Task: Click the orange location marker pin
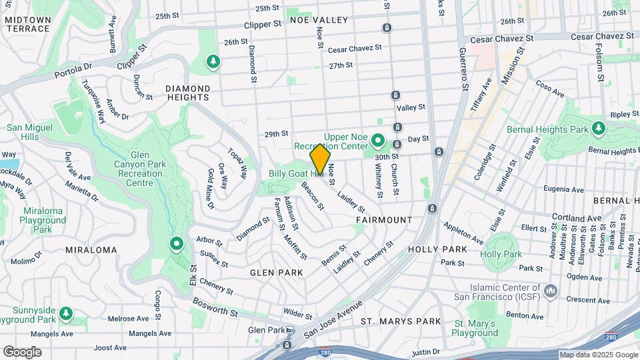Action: [x=320, y=159]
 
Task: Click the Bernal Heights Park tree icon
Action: [x=599, y=127]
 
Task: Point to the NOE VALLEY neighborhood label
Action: [x=319, y=20]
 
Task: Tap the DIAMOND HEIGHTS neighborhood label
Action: [x=187, y=93]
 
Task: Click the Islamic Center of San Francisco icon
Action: [x=551, y=291]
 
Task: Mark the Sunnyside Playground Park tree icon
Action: [x=65, y=313]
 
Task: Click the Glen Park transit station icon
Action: [x=290, y=331]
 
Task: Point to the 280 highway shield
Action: [x=611, y=338]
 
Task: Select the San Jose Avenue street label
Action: [x=333, y=319]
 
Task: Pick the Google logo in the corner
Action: [x=22, y=351]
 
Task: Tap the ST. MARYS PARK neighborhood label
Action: [x=401, y=321]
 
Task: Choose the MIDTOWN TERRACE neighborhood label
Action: [x=27, y=25]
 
